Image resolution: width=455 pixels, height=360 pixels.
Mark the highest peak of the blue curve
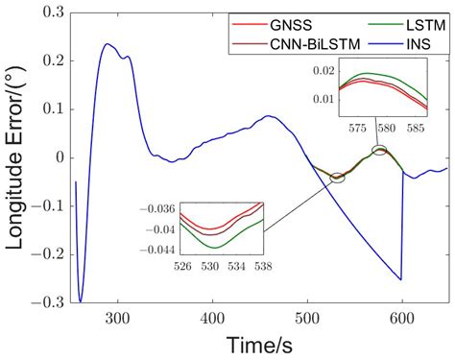coord(107,43)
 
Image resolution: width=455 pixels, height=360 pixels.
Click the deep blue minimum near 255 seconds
coord(81,300)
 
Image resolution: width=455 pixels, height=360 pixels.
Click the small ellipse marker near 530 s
coord(337,178)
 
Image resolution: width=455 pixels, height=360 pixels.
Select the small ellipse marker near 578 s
coord(381,151)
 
